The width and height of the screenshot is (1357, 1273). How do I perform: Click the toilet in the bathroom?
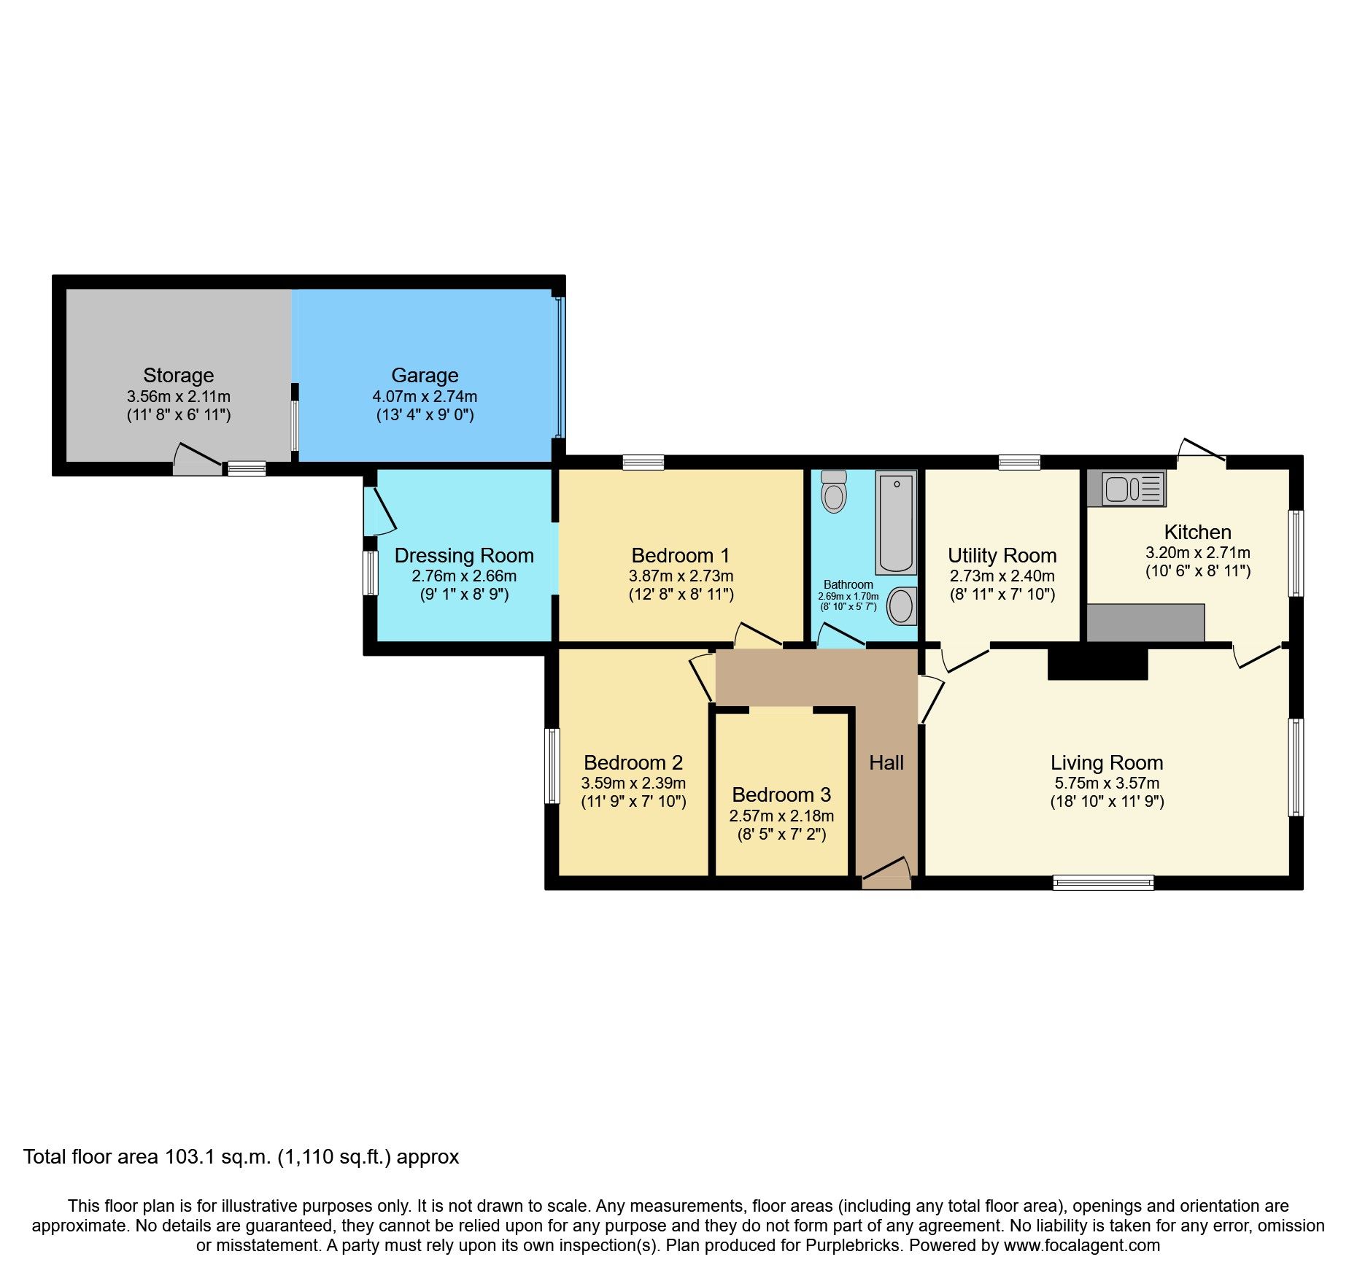833,492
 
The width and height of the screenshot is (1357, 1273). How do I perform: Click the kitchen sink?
1126,489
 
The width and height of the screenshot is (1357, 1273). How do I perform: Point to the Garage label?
425,375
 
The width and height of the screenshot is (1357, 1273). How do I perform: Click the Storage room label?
178,375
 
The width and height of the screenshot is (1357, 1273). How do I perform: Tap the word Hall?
886,763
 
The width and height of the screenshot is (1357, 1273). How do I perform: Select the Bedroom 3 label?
781,794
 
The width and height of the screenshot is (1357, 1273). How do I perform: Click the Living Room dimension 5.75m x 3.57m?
1107,783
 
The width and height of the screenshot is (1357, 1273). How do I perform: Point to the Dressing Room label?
464,556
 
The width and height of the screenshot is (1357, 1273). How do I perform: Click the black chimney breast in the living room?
1097,663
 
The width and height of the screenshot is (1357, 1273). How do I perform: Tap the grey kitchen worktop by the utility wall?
1145,622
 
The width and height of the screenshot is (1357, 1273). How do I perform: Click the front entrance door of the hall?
886,875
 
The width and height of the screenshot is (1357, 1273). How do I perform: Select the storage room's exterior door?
197,461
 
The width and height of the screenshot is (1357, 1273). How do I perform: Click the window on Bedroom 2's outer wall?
552,766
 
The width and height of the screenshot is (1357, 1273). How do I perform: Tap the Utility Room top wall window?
1019,462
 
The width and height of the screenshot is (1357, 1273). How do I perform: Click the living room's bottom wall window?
1103,883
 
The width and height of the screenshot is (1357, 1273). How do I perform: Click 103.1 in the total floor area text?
190,1158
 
